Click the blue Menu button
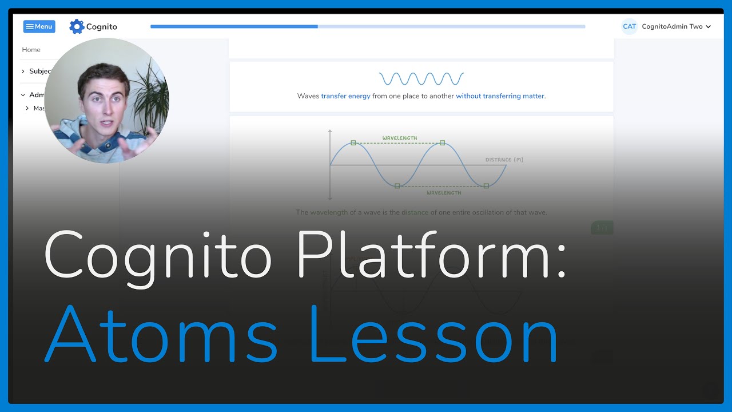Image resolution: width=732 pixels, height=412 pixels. [x=39, y=26]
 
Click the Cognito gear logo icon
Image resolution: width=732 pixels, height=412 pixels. [x=77, y=26]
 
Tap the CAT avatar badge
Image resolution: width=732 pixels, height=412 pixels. [x=629, y=26]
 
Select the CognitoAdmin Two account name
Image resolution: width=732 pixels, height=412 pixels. [x=672, y=26]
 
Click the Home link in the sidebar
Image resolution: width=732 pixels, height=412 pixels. [x=31, y=50]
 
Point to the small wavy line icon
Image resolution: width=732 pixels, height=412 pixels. [x=421, y=78]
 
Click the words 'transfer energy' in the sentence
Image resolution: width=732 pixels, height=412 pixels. [x=345, y=96]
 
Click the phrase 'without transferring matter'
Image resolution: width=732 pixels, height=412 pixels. [x=500, y=96]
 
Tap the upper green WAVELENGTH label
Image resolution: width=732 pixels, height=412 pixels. [x=400, y=138]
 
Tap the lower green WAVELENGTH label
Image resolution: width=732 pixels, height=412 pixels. [x=444, y=193]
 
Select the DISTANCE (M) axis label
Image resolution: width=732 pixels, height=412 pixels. [x=504, y=160]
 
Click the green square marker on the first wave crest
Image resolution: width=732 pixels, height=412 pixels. [x=353, y=142]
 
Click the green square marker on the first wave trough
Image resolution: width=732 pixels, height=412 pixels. [x=397, y=186]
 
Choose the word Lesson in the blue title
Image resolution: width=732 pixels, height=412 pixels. [x=434, y=335]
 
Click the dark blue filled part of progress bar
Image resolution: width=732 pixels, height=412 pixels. [x=234, y=26]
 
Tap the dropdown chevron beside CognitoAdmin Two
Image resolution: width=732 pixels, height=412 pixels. [x=709, y=27]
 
